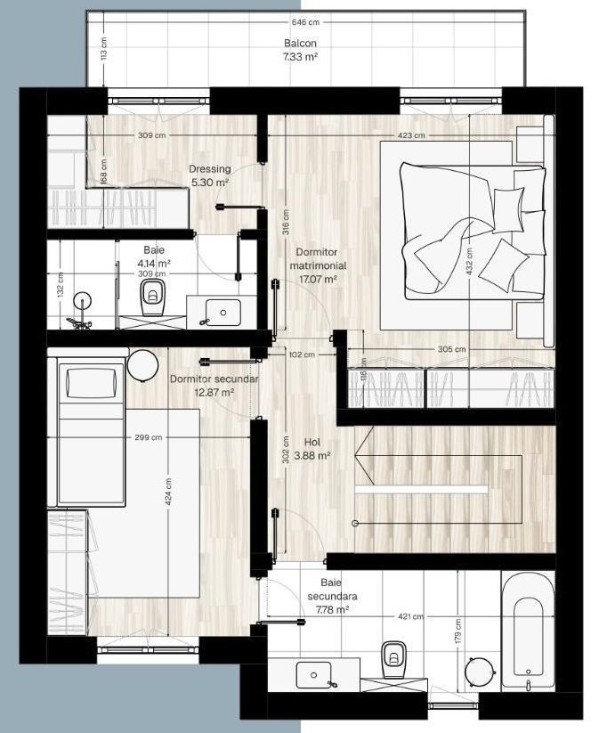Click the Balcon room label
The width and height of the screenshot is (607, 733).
point(300,43)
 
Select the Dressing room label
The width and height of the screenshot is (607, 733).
point(210,168)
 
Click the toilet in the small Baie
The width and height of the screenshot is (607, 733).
point(152,297)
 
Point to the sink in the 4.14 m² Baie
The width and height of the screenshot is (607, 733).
point(223,312)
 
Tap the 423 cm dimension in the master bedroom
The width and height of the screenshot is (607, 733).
point(411,135)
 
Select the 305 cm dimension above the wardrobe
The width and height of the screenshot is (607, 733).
point(451,349)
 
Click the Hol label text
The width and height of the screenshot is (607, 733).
point(312,442)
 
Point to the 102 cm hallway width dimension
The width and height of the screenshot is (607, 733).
point(302,354)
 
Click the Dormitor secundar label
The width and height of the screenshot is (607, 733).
point(214,379)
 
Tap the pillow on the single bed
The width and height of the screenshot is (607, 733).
point(91,383)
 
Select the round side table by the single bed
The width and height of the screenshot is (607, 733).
point(142,366)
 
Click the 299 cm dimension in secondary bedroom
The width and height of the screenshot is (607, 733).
point(148,437)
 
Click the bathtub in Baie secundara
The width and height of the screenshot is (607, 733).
point(528,631)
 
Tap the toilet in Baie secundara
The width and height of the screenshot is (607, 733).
point(394,659)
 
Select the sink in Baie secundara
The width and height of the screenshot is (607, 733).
point(313,675)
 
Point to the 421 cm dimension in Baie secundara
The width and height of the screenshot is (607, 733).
point(410,616)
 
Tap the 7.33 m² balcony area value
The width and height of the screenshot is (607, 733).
point(300,58)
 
